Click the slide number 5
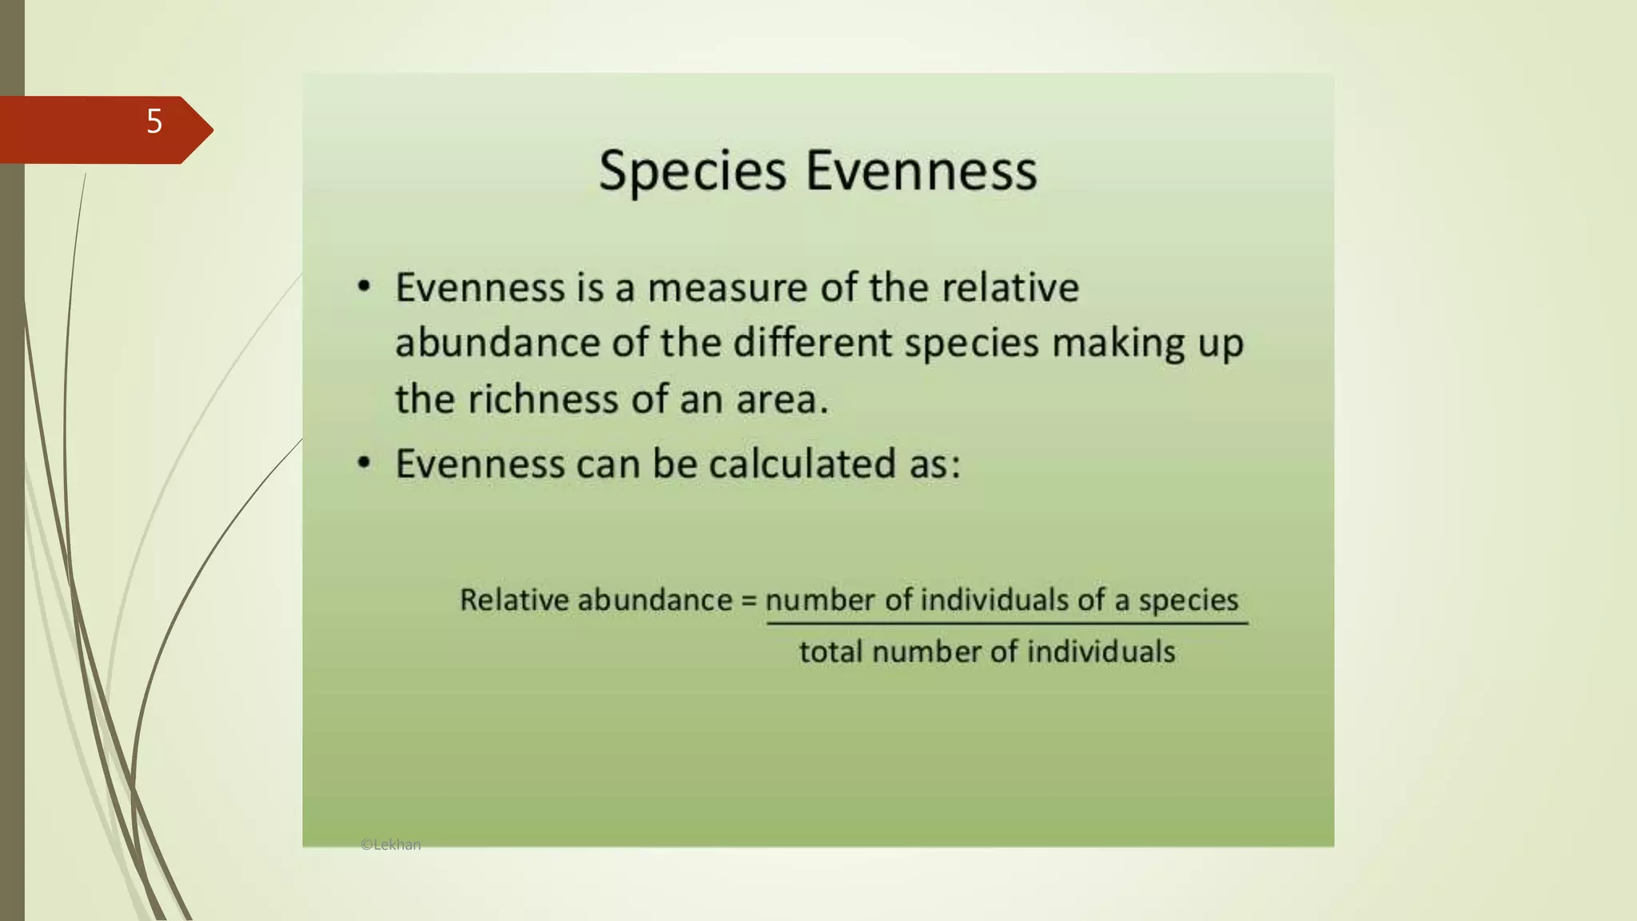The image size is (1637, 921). coord(154,122)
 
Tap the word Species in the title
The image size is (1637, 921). coord(692,171)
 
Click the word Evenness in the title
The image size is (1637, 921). coord(921,171)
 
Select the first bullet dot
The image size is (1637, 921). coord(364,286)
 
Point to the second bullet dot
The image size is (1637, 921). coord(364,463)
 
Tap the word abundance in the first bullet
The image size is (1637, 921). coord(497,344)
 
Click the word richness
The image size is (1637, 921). coord(543,399)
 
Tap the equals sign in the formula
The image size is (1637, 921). coord(748,600)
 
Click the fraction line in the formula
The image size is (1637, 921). coord(1006,624)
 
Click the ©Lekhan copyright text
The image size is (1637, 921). coord(390,844)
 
